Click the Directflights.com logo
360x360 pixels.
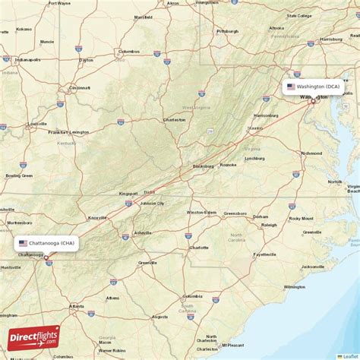coord(33,338)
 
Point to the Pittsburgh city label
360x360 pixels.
coord(227,31)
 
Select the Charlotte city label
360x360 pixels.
coord(199,248)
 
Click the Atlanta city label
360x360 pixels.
coord(76,306)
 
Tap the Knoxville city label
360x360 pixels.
coord(97,217)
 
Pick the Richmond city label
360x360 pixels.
coord(311,153)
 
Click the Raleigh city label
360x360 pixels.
coord(269,225)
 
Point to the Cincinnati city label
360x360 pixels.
coord(79,87)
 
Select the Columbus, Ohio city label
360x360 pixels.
coord(129,52)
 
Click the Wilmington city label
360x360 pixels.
coord(294,287)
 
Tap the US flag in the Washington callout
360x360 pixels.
coord(291,87)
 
